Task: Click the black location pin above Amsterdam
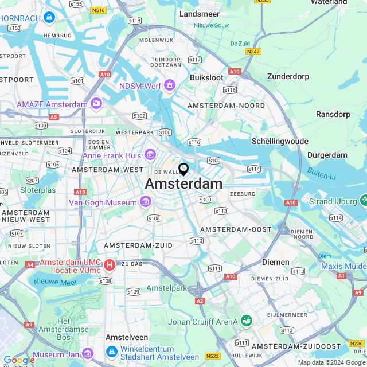[183, 169]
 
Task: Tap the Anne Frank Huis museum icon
[150, 154]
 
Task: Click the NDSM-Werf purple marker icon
[169, 85]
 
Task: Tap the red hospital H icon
[109, 266]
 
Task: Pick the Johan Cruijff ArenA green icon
[246, 321]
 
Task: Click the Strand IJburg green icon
[363, 200]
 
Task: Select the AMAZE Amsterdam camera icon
[96, 104]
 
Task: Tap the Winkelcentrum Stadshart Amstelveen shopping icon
[111, 350]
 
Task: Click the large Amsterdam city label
[183, 183]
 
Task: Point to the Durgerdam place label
[327, 155]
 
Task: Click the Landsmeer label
[199, 13]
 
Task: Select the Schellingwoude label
[280, 141]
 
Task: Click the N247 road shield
[253, 52]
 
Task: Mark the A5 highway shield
[54, 116]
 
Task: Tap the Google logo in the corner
[18, 360]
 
